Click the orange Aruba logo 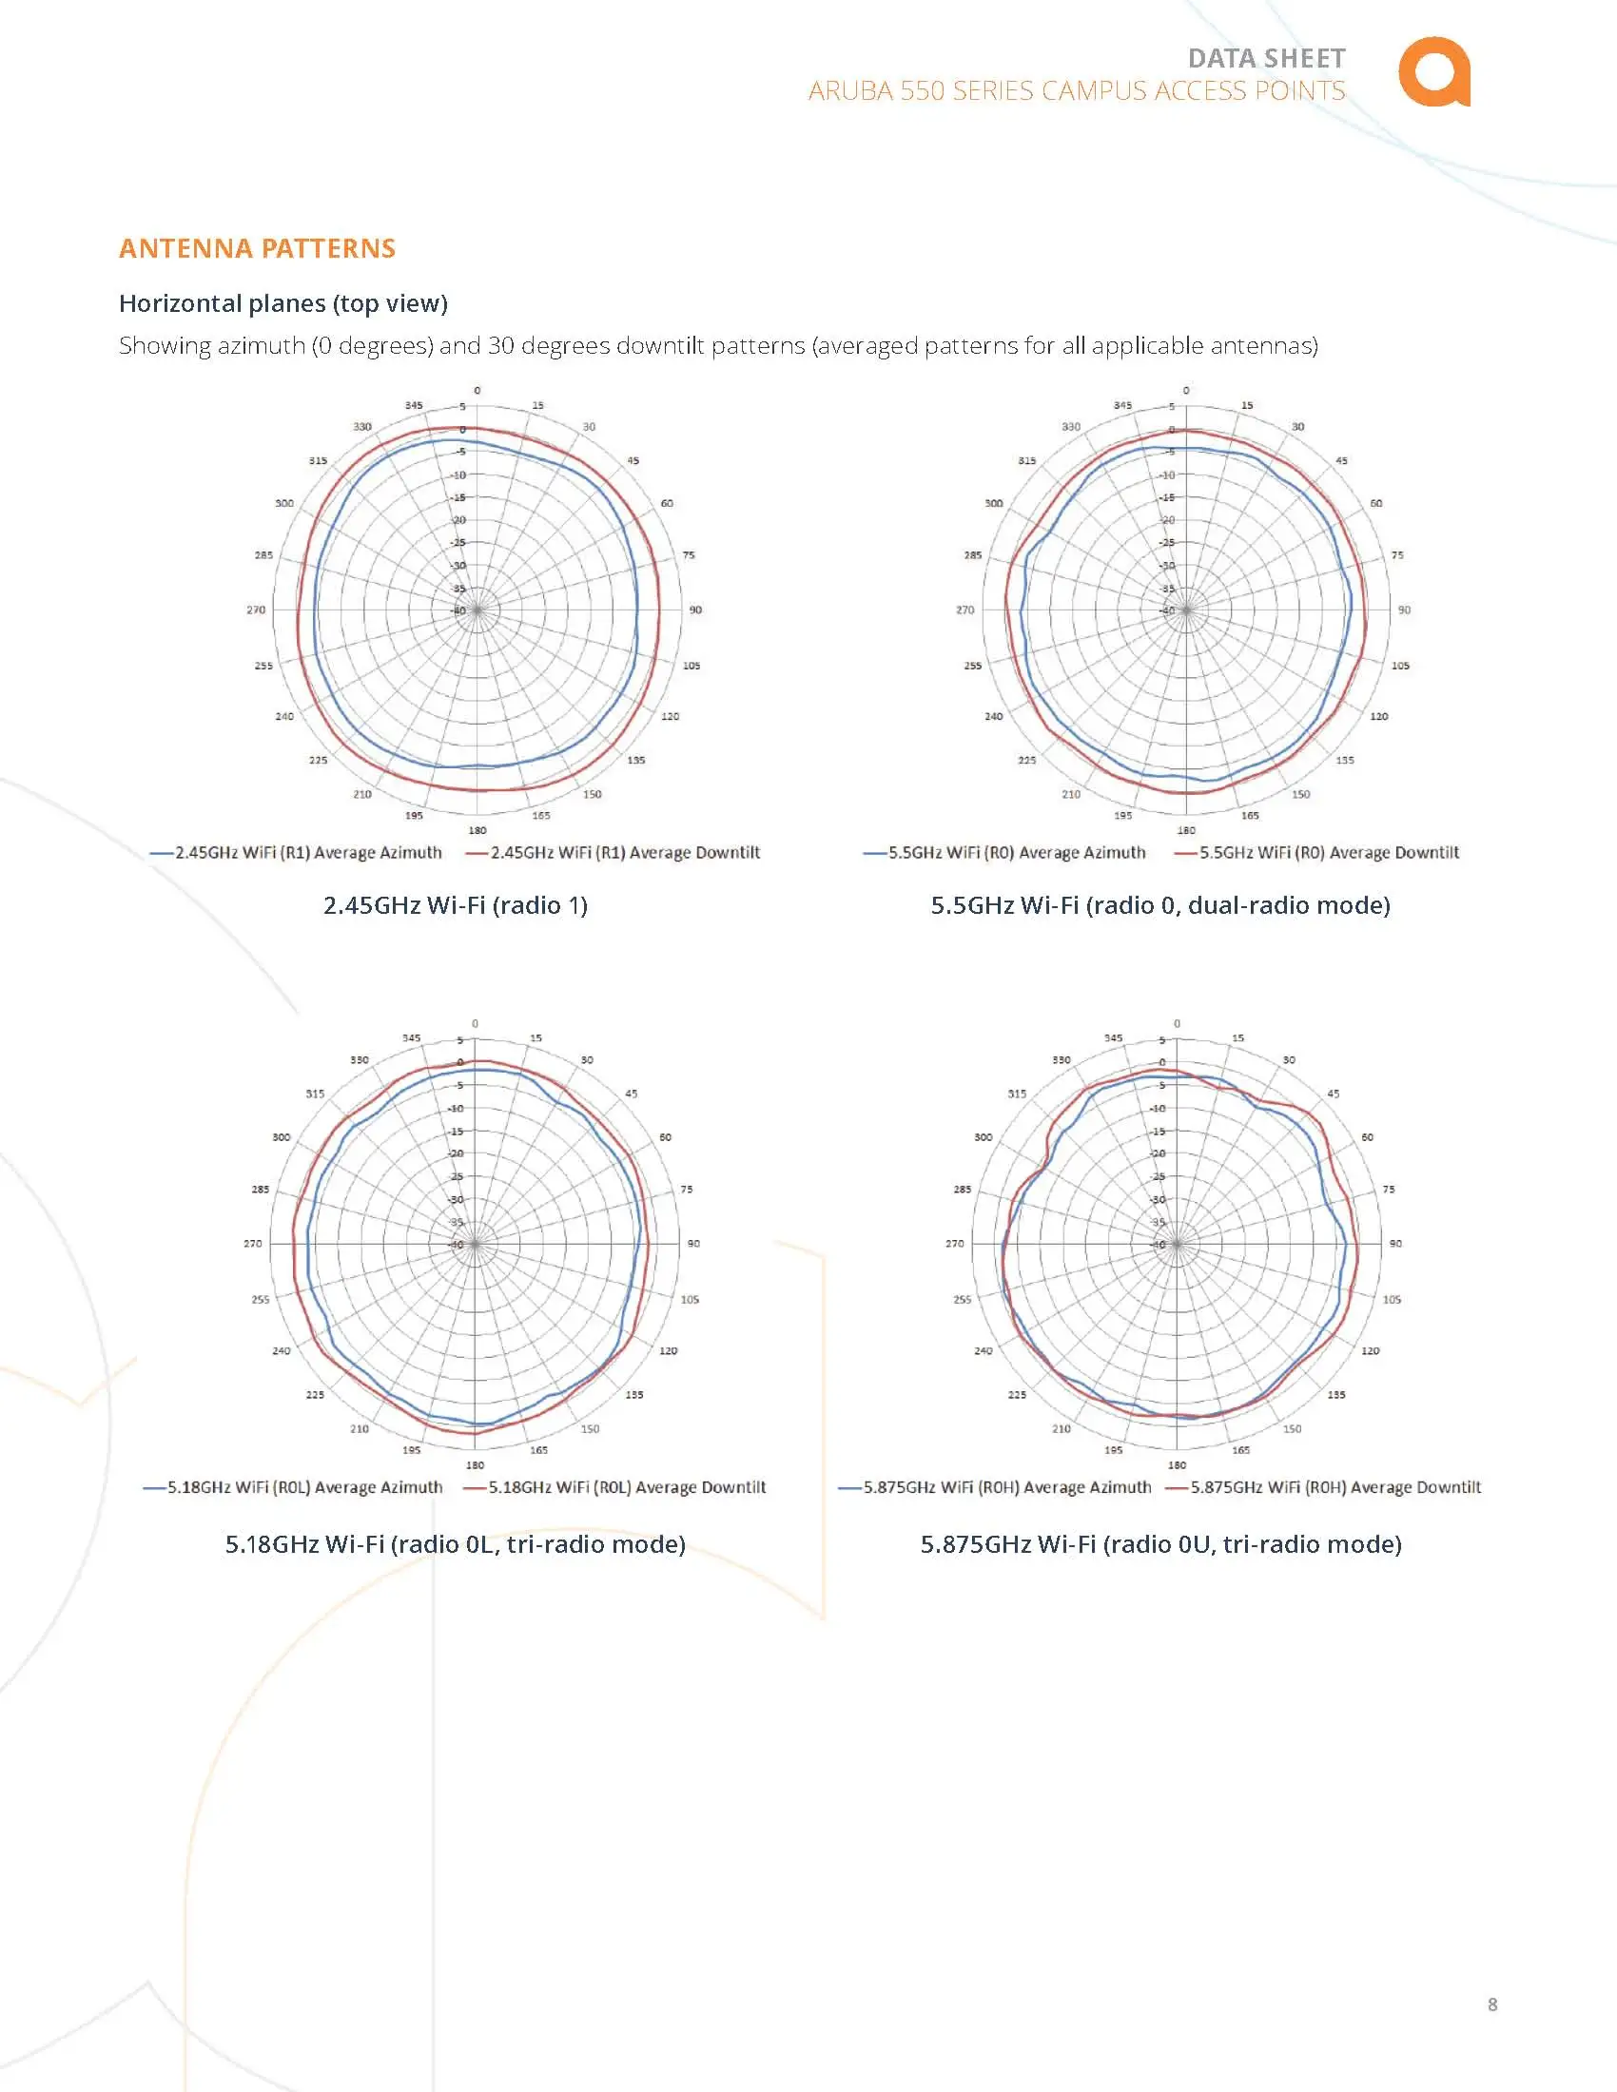(1433, 72)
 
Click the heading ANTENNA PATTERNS (257, 248)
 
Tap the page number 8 (1491, 2004)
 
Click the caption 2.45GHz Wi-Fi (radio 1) (455, 905)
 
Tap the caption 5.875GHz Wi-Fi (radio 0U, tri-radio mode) (1161, 1544)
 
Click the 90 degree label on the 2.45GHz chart (695, 610)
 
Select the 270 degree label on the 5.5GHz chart (964, 610)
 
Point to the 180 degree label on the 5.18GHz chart (476, 1465)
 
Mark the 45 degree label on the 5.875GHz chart (1334, 1094)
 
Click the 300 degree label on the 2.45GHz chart (284, 504)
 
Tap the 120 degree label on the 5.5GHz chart (1378, 716)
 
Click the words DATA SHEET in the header (1266, 58)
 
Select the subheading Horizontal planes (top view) (283, 303)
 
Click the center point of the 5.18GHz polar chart (476, 1245)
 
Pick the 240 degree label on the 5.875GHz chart (984, 1350)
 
